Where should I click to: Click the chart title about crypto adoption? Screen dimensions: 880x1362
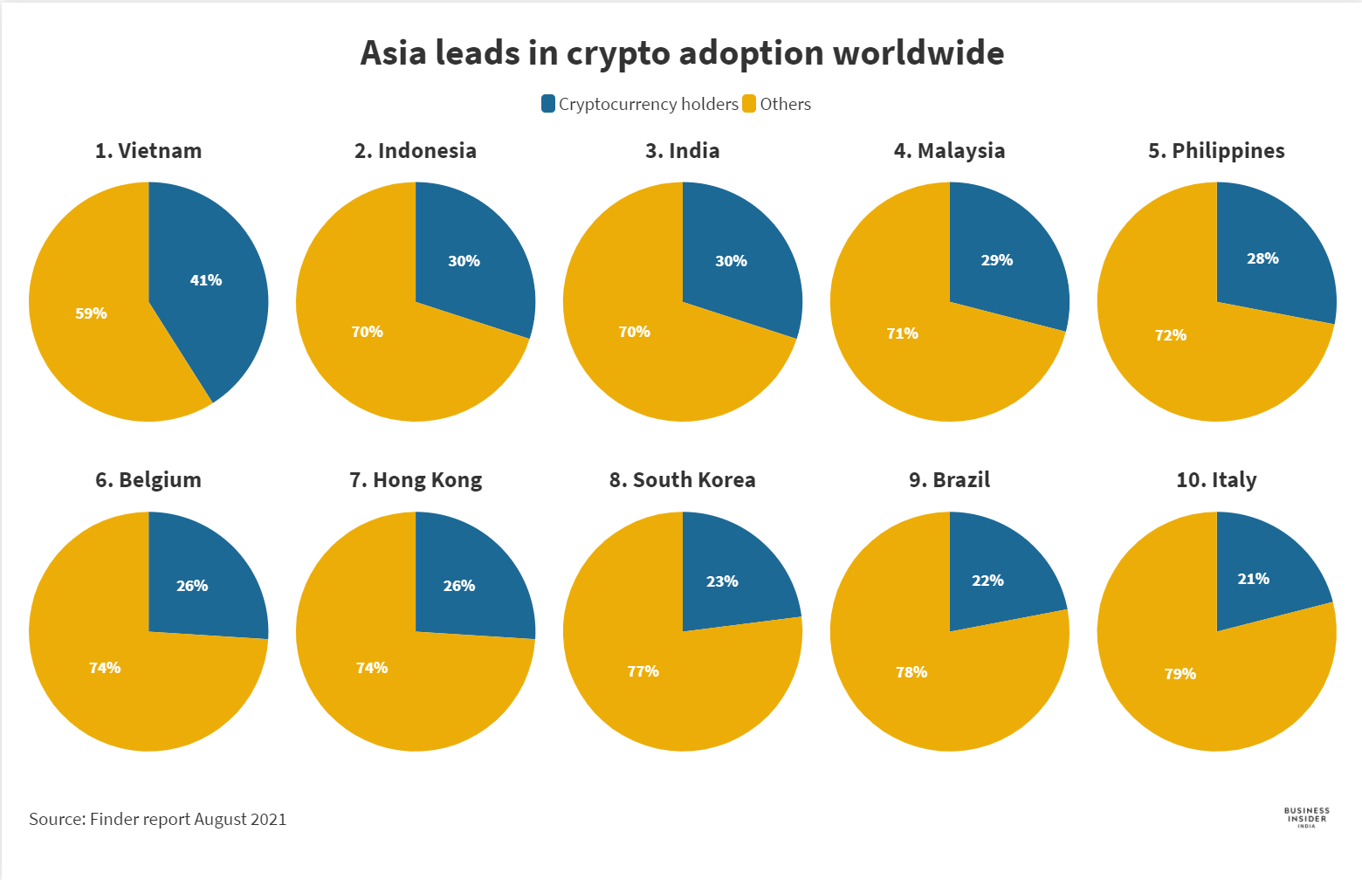coord(682,53)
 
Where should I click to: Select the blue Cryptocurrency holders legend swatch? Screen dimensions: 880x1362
coord(548,104)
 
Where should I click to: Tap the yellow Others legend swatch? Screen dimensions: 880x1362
coord(749,104)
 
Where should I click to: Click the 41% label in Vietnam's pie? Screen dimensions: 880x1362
coord(206,280)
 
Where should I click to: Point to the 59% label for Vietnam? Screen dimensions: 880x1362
coord(91,313)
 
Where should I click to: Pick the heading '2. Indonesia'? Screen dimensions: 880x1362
coord(416,151)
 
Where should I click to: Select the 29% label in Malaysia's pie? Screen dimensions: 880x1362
coord(997,260)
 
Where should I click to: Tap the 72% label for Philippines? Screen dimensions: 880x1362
coord(1171,335)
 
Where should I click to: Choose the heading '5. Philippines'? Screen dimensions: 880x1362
coord(1216,151)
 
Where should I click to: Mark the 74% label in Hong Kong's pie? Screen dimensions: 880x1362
coord(372,668)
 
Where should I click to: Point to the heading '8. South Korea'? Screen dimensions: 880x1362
coord(683,480)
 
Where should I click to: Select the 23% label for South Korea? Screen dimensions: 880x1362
coord(722,581)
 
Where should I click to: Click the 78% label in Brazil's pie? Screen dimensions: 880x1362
coord(911,672)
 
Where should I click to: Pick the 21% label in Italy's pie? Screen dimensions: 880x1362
coord(1254,579)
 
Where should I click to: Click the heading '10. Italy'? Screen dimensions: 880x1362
coord(1216,480)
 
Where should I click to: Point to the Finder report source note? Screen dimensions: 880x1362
coord(158,819)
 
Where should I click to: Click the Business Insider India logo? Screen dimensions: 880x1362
coord(1307,817)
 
